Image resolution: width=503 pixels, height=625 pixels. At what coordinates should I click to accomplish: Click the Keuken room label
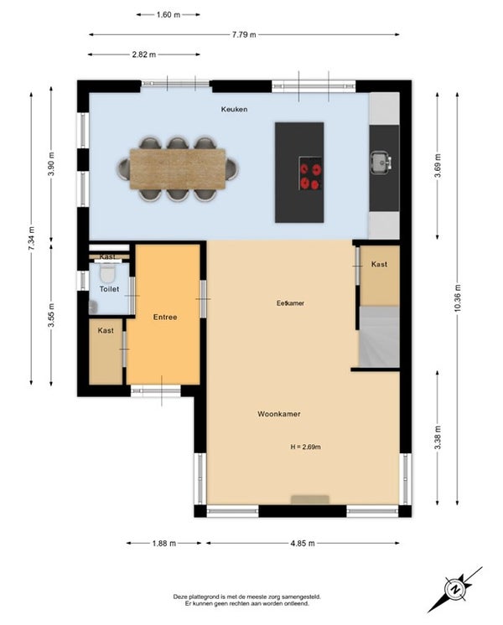[234, 109]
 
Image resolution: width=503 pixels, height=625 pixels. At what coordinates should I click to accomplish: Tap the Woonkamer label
[279, 414]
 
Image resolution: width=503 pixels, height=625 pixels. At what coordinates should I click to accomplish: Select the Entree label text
[165, 318]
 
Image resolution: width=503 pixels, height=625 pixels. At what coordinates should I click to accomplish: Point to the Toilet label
[109, 289]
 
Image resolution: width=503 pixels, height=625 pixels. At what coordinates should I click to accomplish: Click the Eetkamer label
[290, 303]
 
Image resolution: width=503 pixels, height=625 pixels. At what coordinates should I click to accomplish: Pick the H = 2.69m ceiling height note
[305, 447]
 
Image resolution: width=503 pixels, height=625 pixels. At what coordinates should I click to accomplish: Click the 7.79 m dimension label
[244, 34]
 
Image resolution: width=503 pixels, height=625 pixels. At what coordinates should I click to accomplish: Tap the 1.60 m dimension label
[169, 15]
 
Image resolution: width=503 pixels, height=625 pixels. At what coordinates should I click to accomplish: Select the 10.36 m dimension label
[458, 297]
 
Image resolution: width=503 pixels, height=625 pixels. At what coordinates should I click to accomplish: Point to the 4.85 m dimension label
[303, 543]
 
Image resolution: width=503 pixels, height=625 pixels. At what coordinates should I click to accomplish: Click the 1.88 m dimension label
[164, 543]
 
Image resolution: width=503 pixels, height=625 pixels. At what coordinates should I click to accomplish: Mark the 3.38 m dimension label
[438, 437]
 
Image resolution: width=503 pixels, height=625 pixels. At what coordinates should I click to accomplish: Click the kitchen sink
[381, 163]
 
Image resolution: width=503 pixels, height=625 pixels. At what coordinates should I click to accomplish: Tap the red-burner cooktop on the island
[310, 173]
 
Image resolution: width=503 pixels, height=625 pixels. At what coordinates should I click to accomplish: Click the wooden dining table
[178, 168]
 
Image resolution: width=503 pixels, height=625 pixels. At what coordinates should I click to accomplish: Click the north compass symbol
[454, 589]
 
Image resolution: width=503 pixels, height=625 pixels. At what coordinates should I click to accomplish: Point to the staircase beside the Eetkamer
[379, 337]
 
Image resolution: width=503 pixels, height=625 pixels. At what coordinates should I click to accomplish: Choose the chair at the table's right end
[231, 168]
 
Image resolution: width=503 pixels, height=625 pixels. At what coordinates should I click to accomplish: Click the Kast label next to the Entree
[106, 330]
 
